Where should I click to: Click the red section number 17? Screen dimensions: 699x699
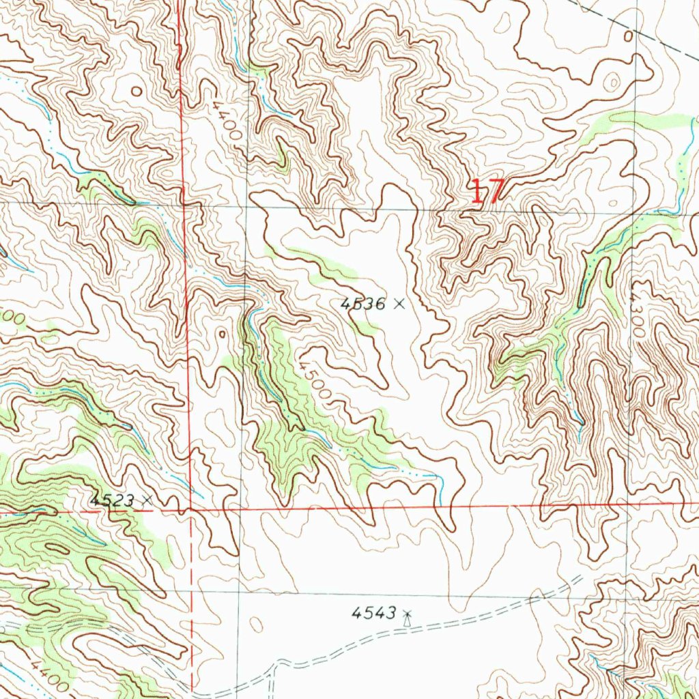pyautogui.click(x=487, y=192)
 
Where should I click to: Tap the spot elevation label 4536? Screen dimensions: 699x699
pyautogui.click(x=363, y=304)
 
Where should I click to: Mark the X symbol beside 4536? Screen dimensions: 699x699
pyautogui.click(x=399, y=304)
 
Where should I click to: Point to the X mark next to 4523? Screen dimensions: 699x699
pyautogui.click(x=145, y=500)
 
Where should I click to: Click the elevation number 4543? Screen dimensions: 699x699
pyautogui.click(x=374, y=614)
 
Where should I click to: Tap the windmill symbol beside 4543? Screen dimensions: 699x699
pyautogui.click(x=408, y=618)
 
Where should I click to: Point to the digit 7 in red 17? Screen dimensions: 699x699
pyautogui.click(x=495, y=192)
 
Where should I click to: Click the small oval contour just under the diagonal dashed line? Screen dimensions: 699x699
pyautogui.click(x=629, y=35)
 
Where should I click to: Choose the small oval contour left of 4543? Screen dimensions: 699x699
pyautogui.click(x=257, y=624)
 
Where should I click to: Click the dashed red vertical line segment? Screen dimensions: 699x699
pyautogui.click(x=192, y=601)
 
